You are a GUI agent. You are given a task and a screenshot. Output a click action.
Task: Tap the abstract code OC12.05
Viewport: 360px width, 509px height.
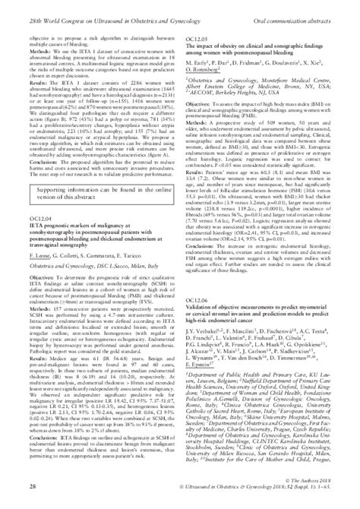(197, 37)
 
